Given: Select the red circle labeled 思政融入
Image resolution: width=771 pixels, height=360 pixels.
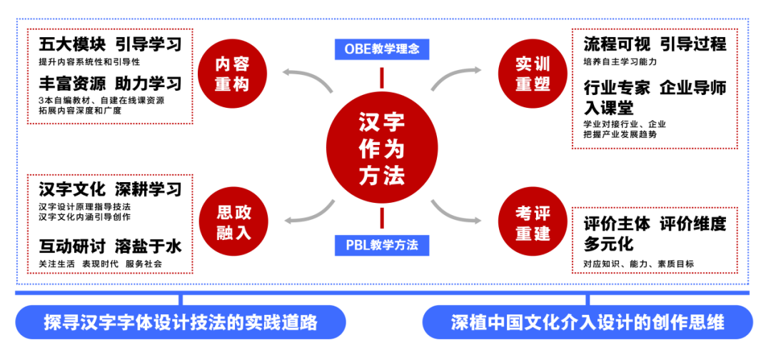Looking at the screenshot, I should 233,222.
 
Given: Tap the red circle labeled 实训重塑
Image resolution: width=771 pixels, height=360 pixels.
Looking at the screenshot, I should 532,74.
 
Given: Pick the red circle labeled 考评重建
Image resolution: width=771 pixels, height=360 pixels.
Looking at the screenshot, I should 532,222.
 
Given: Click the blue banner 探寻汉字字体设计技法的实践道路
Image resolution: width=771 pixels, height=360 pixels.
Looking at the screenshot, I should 181,322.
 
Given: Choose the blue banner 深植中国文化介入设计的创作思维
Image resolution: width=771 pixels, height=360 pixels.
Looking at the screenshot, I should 588,322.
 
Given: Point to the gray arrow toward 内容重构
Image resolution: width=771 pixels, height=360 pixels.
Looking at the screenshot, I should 307,77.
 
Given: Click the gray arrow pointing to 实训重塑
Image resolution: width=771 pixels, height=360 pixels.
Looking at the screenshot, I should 457,76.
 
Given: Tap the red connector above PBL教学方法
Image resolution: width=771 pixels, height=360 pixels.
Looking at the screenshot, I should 382,218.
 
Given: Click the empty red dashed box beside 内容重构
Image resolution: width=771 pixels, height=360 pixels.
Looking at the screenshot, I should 110,76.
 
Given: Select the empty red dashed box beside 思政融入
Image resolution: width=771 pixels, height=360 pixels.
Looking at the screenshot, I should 110,224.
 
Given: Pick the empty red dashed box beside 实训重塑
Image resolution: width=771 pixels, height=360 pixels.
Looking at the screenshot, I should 654,89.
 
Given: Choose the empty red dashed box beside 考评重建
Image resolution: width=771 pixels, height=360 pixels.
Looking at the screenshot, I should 654,240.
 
